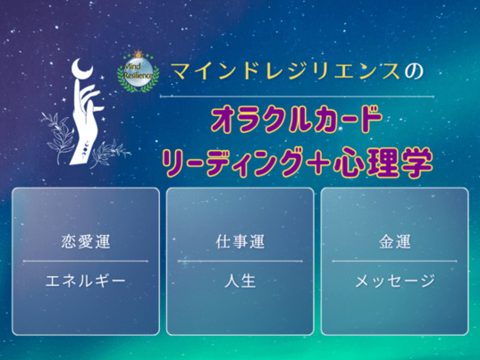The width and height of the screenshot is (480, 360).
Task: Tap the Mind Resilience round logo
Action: (138, 72)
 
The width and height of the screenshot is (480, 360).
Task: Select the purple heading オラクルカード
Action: (297, 120)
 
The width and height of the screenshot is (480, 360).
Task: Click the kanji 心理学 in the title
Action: (383, 163)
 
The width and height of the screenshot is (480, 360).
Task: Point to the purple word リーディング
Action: (232, 163)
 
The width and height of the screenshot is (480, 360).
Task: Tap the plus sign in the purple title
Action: (317, 162)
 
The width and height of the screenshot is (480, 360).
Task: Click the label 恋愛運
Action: (86, 241)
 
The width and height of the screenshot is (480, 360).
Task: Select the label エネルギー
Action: (86, 280)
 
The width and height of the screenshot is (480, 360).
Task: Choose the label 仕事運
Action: (240, 241)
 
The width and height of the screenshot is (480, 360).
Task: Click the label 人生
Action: (240, 280)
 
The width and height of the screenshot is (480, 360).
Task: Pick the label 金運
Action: (394, 241)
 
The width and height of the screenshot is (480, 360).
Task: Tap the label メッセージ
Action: (395, 280)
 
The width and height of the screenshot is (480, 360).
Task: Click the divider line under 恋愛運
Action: (86, 261)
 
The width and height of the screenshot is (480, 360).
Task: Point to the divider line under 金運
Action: (394, 261)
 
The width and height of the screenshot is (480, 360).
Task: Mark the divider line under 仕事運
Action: (240, 261)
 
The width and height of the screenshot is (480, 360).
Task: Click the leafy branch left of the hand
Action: (59, 135)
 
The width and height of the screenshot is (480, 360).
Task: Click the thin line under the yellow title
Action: (297, 96)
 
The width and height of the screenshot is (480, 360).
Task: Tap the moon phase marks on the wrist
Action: (86, 147)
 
